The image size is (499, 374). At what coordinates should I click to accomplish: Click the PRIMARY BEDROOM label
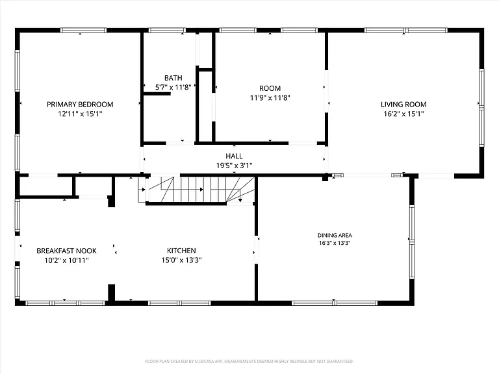[80, 105]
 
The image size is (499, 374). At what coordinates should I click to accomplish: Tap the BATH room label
[173, 78]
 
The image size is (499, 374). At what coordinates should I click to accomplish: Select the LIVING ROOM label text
[403, 105]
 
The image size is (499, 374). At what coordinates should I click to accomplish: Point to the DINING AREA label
[335, 235]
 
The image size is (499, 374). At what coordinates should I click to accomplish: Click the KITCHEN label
[181, 251]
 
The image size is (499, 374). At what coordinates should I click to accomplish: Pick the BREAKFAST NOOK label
[66, 251]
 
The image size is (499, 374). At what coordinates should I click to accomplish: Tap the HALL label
[234, 156]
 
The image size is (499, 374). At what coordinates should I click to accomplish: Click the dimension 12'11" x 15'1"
[80, 114]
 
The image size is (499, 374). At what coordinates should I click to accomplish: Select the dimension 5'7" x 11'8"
[173, 88]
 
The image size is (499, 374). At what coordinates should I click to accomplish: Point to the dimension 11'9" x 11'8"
[270, 98]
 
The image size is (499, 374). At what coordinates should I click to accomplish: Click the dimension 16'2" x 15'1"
[403, 114]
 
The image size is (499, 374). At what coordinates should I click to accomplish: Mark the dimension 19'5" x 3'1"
[234, 166]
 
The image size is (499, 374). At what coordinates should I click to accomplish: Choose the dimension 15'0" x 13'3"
[181, 260]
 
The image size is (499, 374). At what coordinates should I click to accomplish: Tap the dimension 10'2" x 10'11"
[66, 260]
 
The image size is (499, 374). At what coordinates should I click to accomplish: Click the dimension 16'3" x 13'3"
[335, 243]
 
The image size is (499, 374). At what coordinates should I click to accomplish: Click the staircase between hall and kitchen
[196, 190]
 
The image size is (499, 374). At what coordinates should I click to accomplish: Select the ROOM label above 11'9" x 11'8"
[270, 88]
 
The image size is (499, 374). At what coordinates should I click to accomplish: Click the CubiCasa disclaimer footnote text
[249, 361]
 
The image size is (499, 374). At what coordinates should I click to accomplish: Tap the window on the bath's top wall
[167, 31]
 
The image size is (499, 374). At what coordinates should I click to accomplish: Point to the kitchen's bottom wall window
[179, 303]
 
